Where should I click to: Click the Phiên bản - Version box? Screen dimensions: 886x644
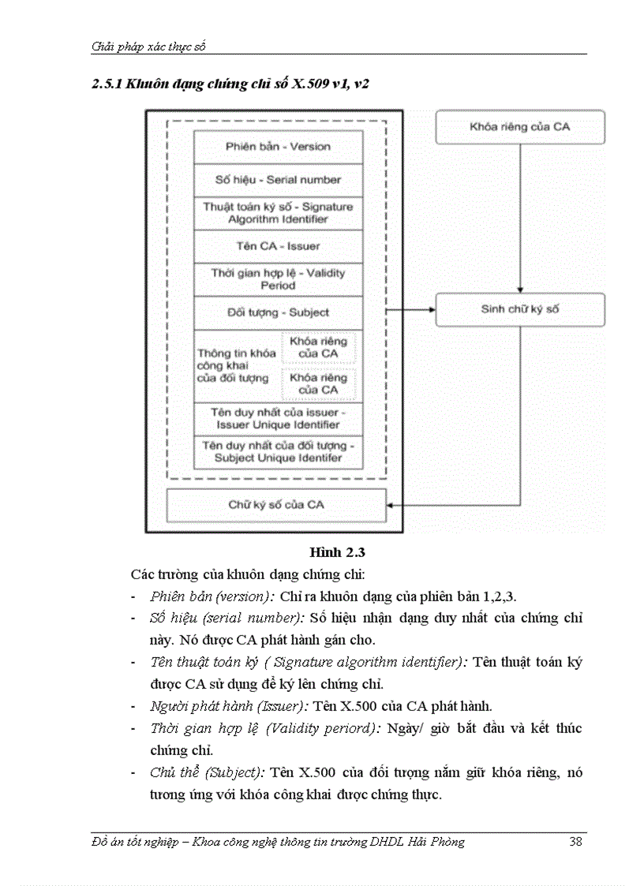coord(278,147)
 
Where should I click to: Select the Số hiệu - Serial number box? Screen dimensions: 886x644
coord(278,180)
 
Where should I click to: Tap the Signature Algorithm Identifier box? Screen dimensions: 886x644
coord(278,213)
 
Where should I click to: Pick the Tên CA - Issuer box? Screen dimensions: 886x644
coord(278,246)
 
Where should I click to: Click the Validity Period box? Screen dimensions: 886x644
coord(278,279)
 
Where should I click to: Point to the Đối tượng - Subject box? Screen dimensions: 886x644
coord(278,312)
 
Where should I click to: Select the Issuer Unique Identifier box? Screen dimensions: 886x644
coord(278,419)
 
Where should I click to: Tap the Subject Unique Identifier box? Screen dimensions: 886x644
coord(278,452)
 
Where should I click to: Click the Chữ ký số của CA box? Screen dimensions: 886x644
coord(276,505)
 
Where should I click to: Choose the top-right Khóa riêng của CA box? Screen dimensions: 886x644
coord(519,127)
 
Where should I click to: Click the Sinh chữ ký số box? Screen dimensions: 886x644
coord(519,309)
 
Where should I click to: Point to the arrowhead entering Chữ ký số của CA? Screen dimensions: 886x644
coord(391,505)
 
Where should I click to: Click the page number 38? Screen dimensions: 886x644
coord(575,842)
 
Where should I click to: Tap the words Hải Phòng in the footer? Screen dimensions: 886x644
coord(438,842)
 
